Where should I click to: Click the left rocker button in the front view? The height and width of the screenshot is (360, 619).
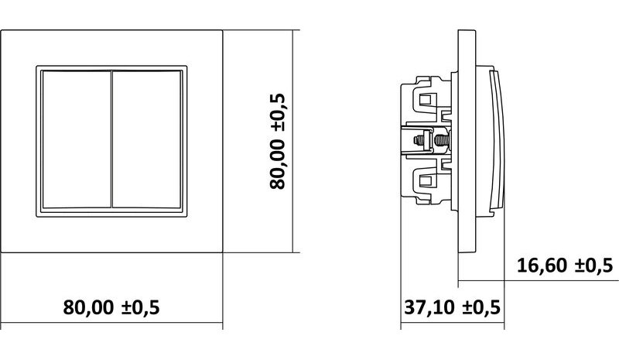point(77,139)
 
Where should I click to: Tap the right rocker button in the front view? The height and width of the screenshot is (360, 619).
point(147,139)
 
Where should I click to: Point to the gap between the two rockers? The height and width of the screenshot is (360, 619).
point(112,139)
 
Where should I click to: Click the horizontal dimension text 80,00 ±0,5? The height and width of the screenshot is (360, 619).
point(111,307)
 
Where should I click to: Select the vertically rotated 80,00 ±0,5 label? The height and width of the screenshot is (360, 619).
point(277,142)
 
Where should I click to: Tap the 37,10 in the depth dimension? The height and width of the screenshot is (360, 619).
point(429,307)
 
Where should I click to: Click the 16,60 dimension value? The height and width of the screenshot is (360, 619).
point(542,265)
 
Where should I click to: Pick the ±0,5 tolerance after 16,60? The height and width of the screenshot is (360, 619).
point(593,265)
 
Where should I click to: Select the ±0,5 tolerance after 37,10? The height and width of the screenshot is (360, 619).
point(481,307)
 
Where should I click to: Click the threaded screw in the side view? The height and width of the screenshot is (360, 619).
point(440,140)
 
